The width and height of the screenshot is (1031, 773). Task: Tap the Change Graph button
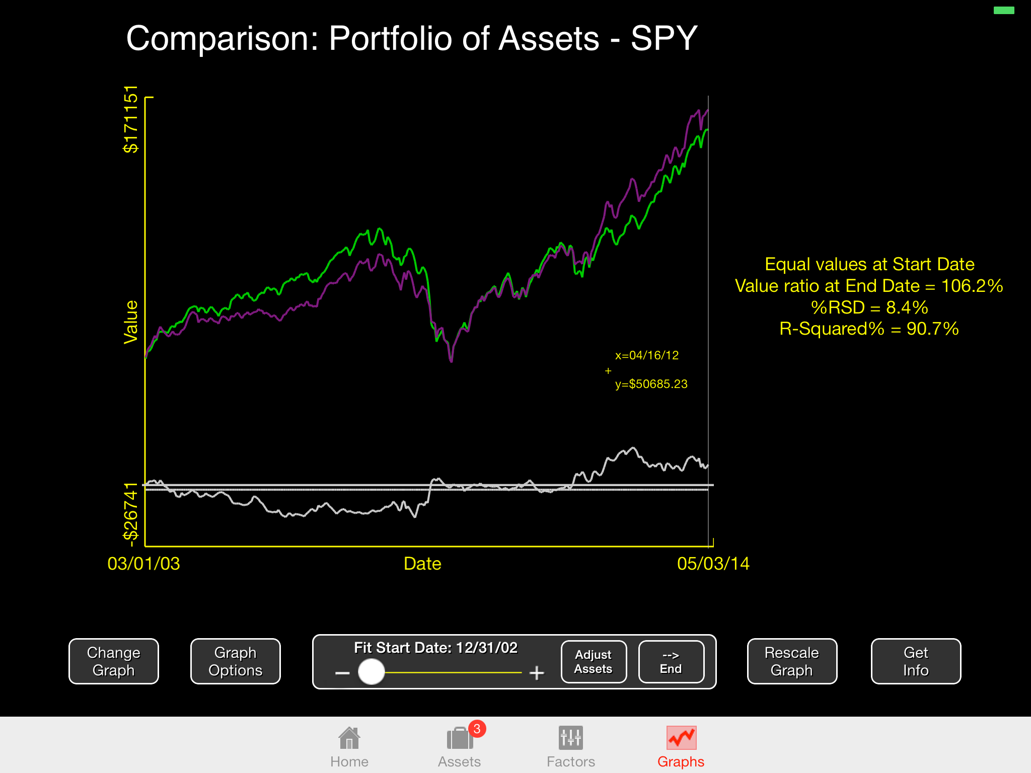click(x=113, y=661)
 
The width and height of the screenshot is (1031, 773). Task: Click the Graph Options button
click(x=235, y=661)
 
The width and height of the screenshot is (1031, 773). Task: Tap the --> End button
click(x=671, y=662)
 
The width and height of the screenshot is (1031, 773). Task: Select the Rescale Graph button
click(x=791, y=661)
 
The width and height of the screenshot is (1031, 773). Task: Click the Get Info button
click(x=915, y=661)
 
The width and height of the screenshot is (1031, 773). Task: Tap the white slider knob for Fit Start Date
click(x=372, y=672)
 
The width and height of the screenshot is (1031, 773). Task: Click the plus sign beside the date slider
click(x=537, y=673)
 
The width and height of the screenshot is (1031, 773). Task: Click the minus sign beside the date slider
click(x=342, y=673)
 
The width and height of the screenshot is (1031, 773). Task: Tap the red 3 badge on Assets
click(x=477, y=729)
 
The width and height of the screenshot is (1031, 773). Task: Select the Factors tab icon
click(x=571, y=738)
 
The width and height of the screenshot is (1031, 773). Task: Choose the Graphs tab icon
click(x=681, y=738)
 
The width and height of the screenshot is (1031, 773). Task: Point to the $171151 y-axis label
click(x=131, y=119)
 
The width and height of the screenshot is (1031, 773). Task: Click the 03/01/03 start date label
click(x=143, y=564)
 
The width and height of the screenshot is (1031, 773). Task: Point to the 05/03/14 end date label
click(x=713, y=564)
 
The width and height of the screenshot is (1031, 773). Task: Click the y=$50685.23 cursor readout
click(x=651, y=384)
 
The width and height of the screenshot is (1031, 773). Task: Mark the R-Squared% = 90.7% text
click(x=869, y=329)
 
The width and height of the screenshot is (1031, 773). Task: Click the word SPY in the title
click(x=664, y=38)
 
